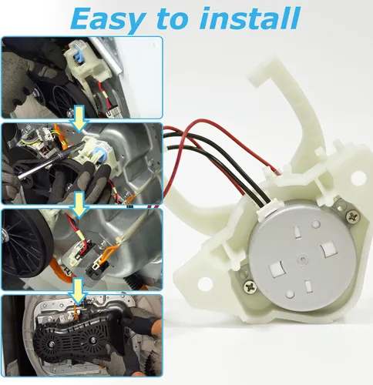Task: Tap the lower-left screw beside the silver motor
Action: coord(250,286)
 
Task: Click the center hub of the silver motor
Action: coord(302,258)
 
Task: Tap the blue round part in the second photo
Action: coord(99,155)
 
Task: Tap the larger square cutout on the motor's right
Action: coord(328,249)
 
